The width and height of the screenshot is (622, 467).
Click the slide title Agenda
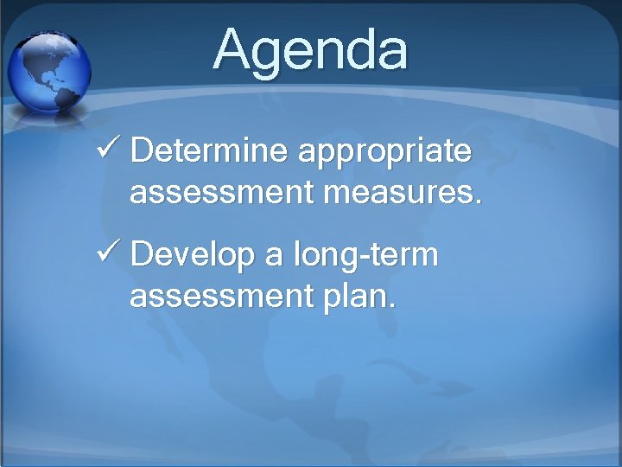(x=310, y=50)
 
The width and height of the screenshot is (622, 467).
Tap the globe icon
(x=48, y=73)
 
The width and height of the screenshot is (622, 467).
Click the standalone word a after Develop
(x=276, y=258)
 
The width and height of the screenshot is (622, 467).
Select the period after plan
(x=393, y=306)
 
